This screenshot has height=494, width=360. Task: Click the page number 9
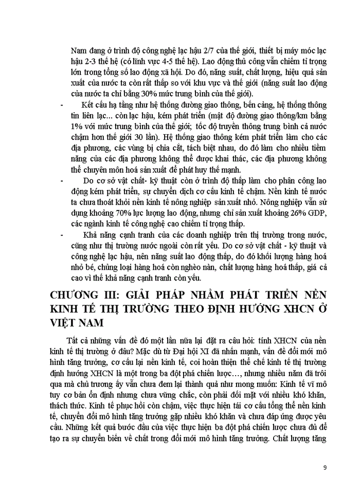point(325,467)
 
